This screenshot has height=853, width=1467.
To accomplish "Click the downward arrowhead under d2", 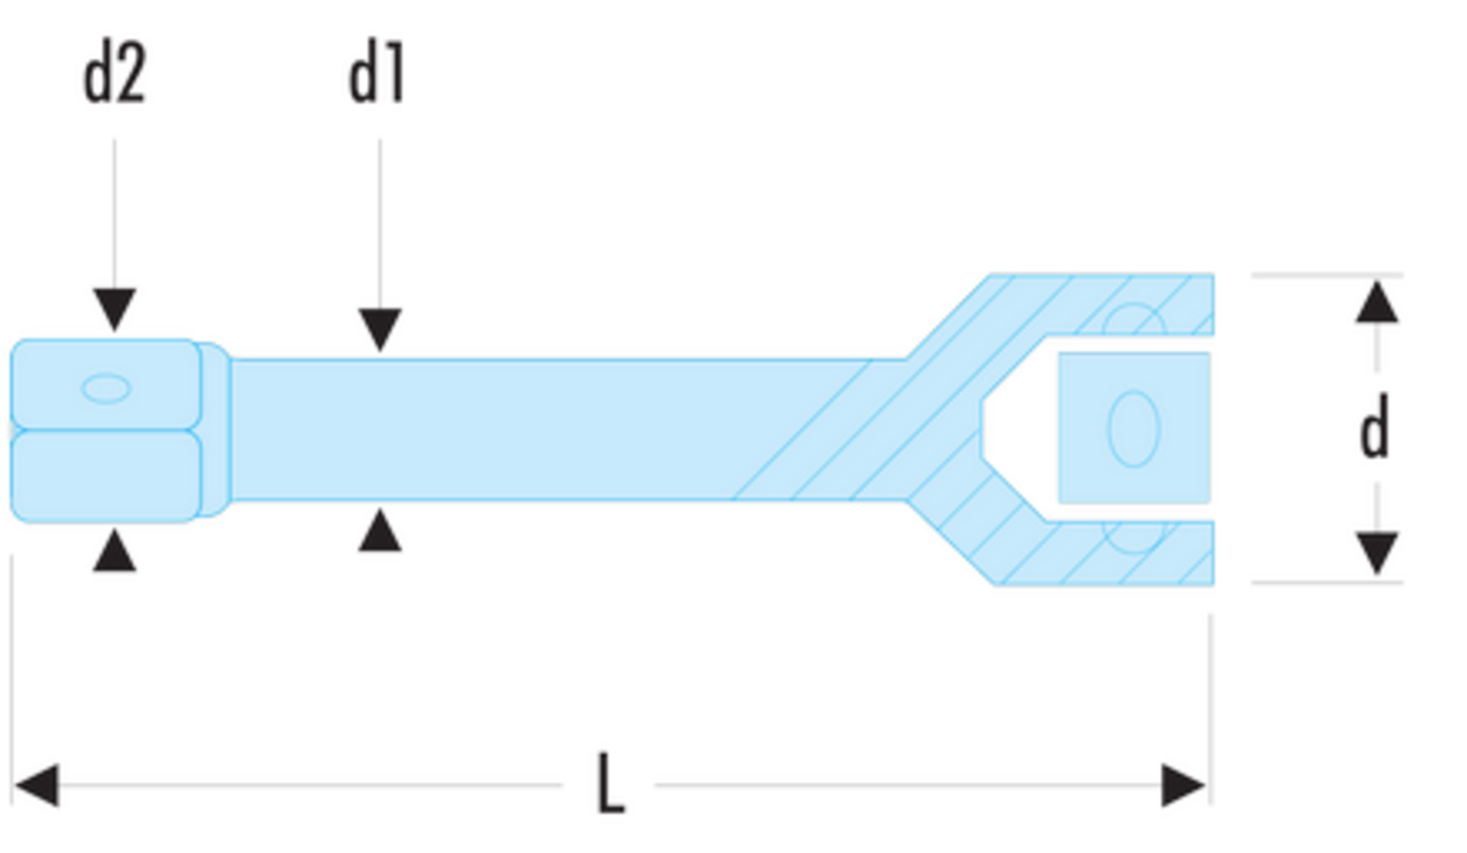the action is [115, 309].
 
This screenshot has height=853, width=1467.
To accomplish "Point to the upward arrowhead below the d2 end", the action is [115, 551].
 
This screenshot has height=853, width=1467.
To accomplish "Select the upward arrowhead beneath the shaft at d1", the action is [380, 531].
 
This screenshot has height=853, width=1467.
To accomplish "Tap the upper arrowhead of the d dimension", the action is [1377, 302].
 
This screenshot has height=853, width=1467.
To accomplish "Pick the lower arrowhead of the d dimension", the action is [1377, 553].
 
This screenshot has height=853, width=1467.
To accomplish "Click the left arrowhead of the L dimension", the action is [37, 785].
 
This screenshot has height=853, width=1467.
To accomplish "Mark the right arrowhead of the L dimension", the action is [1183, 785].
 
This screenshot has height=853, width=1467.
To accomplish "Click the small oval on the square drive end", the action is [106, 388].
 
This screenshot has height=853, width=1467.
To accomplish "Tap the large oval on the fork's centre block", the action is [1134, 429].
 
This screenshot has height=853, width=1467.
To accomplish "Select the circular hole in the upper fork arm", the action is [1134, 321].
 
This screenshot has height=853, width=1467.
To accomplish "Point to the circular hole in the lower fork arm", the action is [1134, 536].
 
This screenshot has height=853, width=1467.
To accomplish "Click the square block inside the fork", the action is [1134, 428].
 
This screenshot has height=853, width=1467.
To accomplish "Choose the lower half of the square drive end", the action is [106, 476].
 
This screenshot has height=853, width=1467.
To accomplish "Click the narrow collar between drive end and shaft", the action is [215, 430].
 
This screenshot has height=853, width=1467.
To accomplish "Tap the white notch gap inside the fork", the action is [1018, 429].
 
